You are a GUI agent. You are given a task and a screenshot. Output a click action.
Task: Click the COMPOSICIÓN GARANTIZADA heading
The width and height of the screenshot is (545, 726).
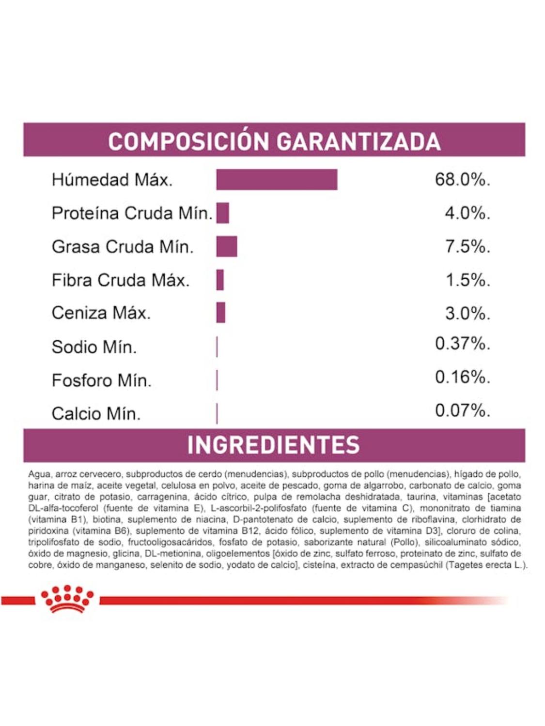click(274, 141)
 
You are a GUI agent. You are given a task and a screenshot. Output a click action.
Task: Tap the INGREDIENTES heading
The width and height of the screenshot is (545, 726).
click(274, 445)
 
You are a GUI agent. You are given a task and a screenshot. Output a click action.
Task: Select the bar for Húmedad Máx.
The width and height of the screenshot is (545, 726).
click(277, 180)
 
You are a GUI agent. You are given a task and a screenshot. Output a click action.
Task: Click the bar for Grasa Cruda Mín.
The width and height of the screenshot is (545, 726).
click(227, 246)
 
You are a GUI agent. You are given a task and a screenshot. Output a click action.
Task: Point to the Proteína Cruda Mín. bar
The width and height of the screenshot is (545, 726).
click(223, 213)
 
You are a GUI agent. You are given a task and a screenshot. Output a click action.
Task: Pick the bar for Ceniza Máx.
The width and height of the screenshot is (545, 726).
click(221, 313)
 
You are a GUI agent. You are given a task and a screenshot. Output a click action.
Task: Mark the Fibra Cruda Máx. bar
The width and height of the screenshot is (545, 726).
click(220, 280)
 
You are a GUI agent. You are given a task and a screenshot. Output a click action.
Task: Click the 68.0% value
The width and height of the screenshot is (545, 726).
click(462, 180)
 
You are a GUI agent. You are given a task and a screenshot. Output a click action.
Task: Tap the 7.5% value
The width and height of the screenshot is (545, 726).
click(467, 246)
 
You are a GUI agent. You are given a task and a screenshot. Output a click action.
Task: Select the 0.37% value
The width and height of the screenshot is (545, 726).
click(462, 343)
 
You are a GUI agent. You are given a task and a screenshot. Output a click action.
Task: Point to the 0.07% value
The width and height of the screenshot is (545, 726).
click(462, 410)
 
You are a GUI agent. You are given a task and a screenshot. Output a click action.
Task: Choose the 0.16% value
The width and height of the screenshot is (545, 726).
click(462, 377)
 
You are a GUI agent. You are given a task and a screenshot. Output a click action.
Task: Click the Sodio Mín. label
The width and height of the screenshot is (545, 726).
click(94, 347)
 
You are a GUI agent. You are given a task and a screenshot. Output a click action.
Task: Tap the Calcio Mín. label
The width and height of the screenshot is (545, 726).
click(96, 413)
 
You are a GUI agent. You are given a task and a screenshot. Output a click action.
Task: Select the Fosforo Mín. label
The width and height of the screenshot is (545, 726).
click(102, 380)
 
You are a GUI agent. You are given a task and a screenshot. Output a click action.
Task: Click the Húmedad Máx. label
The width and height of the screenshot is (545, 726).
click(112, 180)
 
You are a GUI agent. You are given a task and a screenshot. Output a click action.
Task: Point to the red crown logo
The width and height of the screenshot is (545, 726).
click(67, 599)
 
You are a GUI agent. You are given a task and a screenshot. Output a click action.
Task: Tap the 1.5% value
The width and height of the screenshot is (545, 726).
click(467, 280)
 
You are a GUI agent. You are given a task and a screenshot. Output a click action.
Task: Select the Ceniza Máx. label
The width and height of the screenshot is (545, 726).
click(101, 313)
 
